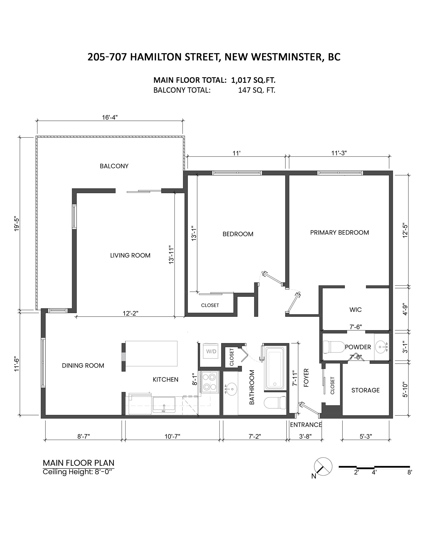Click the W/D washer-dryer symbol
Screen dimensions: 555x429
coord(211,351)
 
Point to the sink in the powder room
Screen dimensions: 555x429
coord(382,347)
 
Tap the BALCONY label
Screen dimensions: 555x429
coord(114,166)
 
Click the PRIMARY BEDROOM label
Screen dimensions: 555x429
coord(339,232)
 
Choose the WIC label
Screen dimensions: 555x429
coord(355,310)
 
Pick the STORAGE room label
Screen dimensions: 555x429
coord(365,390)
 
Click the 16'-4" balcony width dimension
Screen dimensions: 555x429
coord(110,117)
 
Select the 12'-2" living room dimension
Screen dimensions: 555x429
coord(130,313)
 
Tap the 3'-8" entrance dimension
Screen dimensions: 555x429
coord(305,436)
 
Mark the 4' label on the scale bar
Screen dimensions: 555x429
coord(374,472)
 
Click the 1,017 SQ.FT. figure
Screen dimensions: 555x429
coord(253,80)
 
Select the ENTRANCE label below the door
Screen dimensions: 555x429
coord(306,425)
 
